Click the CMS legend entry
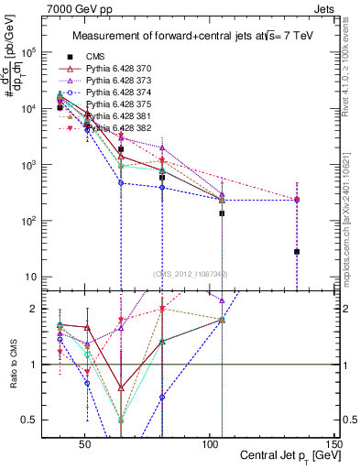pos(97,55)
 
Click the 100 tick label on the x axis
pos(209,444)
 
